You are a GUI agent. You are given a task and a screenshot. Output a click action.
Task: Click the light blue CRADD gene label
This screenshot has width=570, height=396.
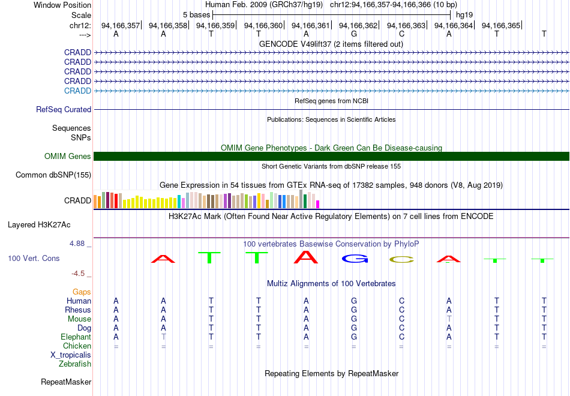click(77, 91)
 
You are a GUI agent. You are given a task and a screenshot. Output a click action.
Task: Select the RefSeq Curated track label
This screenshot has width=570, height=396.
click(64, 109)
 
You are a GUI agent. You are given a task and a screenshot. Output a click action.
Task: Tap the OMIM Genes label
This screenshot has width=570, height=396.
click(68, 157)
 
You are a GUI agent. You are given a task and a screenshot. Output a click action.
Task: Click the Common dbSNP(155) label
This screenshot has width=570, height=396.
click(53, 175)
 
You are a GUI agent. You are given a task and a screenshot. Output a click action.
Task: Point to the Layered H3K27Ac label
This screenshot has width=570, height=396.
click(39, 225)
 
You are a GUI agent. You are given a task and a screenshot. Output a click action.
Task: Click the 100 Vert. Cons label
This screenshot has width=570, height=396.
click(34, 258)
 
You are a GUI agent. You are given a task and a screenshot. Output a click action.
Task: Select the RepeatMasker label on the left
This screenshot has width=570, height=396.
click(66, 382)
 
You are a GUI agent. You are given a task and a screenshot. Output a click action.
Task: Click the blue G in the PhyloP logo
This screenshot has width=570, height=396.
click(355, 259)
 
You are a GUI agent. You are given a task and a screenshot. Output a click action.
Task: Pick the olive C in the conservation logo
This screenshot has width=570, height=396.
click(401, 260)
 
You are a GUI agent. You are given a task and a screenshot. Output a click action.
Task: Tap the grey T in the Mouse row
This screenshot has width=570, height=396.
click(449, 319)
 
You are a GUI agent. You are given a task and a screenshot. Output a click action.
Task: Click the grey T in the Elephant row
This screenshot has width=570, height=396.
click(164, 337)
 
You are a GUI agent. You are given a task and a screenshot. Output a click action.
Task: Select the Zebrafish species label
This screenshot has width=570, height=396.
click(75, 364)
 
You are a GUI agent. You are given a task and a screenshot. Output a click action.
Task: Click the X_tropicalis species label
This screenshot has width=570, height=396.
click(71, 355)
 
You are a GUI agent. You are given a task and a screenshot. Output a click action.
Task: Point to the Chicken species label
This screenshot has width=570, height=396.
click(77, 346)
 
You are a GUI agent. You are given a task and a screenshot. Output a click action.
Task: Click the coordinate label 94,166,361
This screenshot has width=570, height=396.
click(310, 25)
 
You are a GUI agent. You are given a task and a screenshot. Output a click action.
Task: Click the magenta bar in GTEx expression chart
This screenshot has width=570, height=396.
click(318, 205)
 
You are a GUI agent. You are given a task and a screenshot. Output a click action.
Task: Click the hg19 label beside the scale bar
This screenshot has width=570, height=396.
click(464, 15)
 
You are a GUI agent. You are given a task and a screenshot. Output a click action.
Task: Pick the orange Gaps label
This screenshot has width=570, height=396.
click(82, 292)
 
